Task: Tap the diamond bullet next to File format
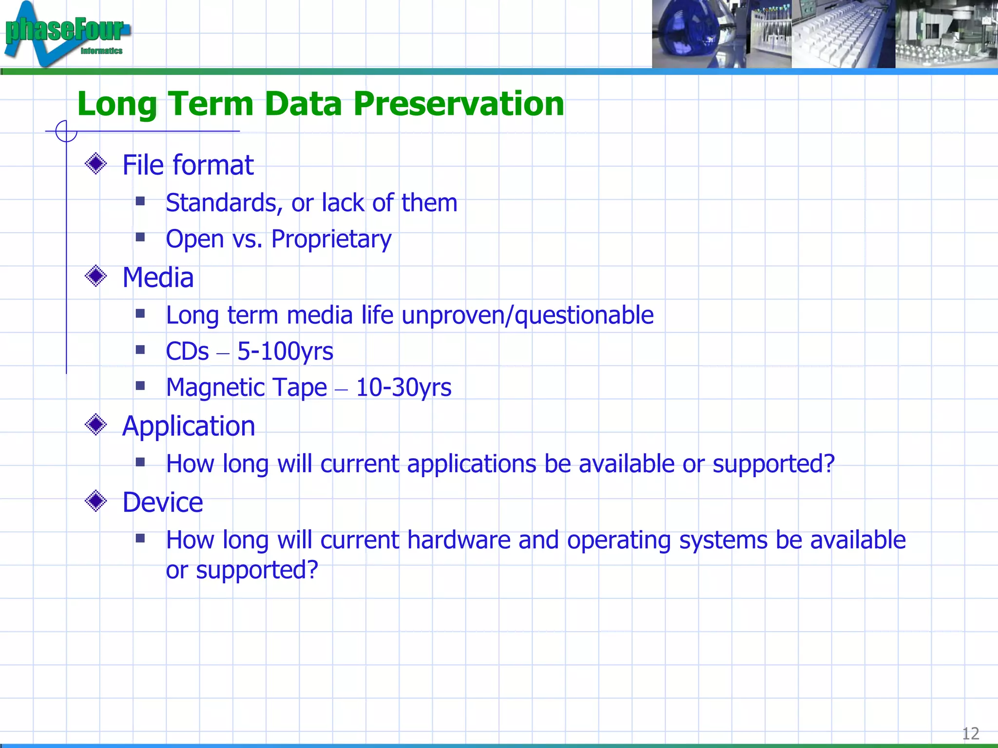[x=96, y=164]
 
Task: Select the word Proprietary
[x=331, y=240]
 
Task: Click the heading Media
[x=158, y=278]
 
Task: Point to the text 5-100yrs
[x=285, y=352]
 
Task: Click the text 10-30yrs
[x=403, y=388]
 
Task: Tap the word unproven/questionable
[x=527, y=316]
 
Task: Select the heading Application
[x=189, y=426]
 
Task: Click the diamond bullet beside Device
[x=96, y=501]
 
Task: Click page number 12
[x=970, y=733]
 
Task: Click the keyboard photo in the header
[x=843, y=34]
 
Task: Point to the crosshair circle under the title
[x=66, y=131]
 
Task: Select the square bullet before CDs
[x=141, y=350]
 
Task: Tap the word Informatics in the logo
[x=101, y=51]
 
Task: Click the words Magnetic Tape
[x=247, y=388]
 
